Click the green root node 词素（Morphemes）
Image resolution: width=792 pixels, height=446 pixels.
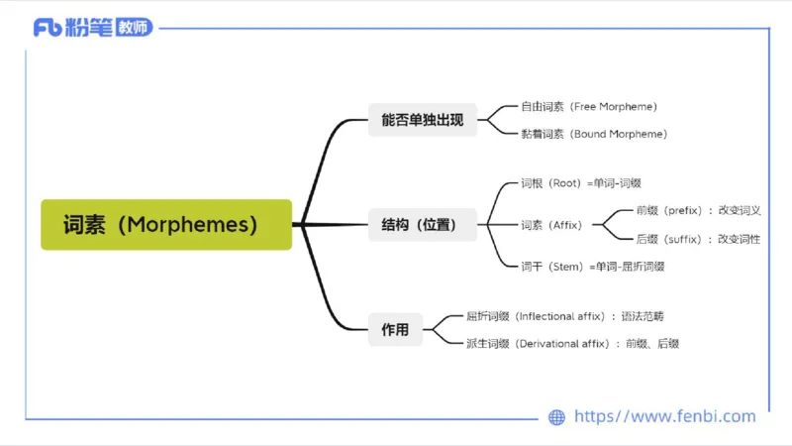pyautogui.click(x=166, y=224)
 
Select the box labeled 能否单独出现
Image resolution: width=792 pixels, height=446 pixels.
pyautogui.click(x=422, y=121)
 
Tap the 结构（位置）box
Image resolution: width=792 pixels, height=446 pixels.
pyautogui.click(x=422, y=225)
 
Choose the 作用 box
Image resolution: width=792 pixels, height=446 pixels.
pyautogui.click(x=395, y=330)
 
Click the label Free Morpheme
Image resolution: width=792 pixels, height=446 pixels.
pyautogui.click(x=614, y=106)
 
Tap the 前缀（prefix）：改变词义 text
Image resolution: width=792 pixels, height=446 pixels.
pyautogui.click(x=698, y=210)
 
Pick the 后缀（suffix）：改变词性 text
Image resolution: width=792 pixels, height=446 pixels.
pyautogui.click(x=698, y=239)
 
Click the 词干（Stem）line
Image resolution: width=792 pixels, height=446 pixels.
pyautogui.click(x=592, y=266)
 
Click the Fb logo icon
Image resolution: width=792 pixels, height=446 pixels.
pyautogui.click(x=47, y=28)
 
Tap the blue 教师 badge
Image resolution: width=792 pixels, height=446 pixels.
pyautogui.click(x=134, y=28)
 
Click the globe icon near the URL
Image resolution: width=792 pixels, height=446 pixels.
pyautogui.click(x=556, y=417)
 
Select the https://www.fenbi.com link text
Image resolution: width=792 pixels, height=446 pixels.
pyautogui.click(x=664, y=417)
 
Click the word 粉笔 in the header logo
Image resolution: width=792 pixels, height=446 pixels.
pyautogui.click(x=88, y=28)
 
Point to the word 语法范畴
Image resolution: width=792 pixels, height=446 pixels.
pyautogui.click(x=643, y=316)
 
